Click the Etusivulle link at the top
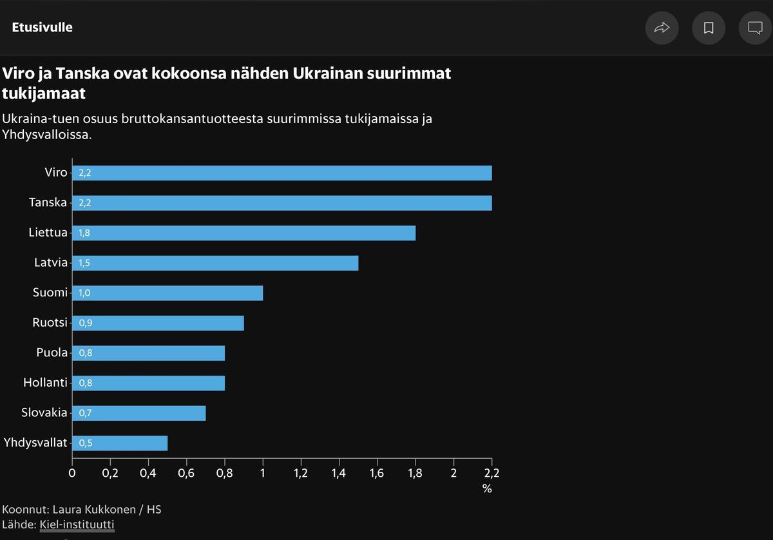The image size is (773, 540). (x=42, y=28)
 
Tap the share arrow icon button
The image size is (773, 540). (x=662, y=28)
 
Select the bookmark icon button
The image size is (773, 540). (x=709, y=28)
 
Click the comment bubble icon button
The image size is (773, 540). (x=755, y=28)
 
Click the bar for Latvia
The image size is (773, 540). (x=215, y=263)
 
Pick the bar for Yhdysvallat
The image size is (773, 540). (x=120, y=443)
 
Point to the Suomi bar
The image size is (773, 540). (x=167, y=293)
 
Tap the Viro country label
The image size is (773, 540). (x=55, y=173)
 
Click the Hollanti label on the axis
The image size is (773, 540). (x=45, y=383)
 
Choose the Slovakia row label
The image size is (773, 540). (x=44, y=412)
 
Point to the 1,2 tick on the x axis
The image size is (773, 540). (x=301, y=473)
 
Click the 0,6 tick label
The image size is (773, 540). (x=186, y=473)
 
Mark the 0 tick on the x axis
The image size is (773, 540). (x=72, y=473)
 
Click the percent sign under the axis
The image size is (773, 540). (x=487, y=488)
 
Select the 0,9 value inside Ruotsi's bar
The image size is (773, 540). (x=86, y=323)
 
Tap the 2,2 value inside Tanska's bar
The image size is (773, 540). (x=86, y=203)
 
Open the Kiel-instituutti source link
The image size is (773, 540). (x=77, y=525)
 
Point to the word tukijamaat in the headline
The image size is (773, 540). (x=44, y=94)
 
